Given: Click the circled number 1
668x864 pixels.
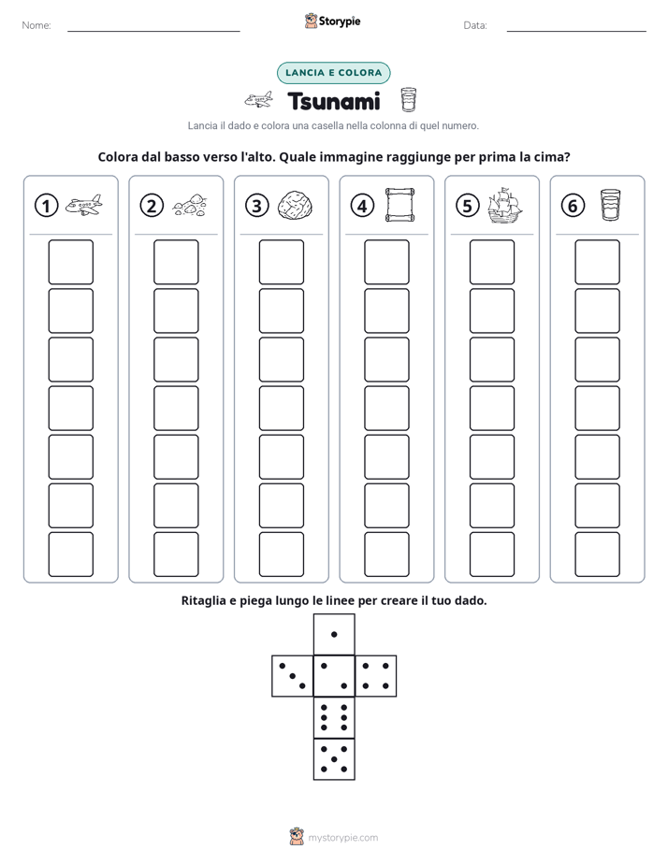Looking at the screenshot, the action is click(46, 206).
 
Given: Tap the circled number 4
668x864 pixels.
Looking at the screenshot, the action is click(362, 206).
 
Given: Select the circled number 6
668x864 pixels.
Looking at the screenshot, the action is click(573, 206).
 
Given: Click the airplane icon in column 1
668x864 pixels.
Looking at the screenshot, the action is click(84, 205).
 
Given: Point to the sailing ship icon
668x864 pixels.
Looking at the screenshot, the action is click(505, 205).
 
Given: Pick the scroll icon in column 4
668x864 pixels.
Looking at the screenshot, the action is click(399, 205).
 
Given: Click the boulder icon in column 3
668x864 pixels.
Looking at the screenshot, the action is click(295, 206).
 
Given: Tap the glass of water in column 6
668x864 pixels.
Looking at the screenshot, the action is click(610, 205).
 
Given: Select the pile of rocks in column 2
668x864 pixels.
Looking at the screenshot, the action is click(190, 205).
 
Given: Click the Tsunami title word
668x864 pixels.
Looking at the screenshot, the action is click(334, 101).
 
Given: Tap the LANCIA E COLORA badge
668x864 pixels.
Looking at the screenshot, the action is click(333, 73).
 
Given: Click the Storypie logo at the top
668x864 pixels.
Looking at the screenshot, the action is click(333, 21).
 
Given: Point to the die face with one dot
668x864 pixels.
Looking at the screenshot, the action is click(334, 635).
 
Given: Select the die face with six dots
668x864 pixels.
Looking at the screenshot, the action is click(334, 718).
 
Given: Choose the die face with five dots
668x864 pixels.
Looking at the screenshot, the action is click(334, 759).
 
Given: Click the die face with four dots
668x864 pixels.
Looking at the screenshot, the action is click(376, 676).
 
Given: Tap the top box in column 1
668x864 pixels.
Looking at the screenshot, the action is click(70, 262).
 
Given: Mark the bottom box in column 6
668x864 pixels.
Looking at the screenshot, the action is click(598, 554).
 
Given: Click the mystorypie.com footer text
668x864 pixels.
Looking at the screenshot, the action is click(342, 838).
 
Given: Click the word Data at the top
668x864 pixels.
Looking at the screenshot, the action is click(475, 25).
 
